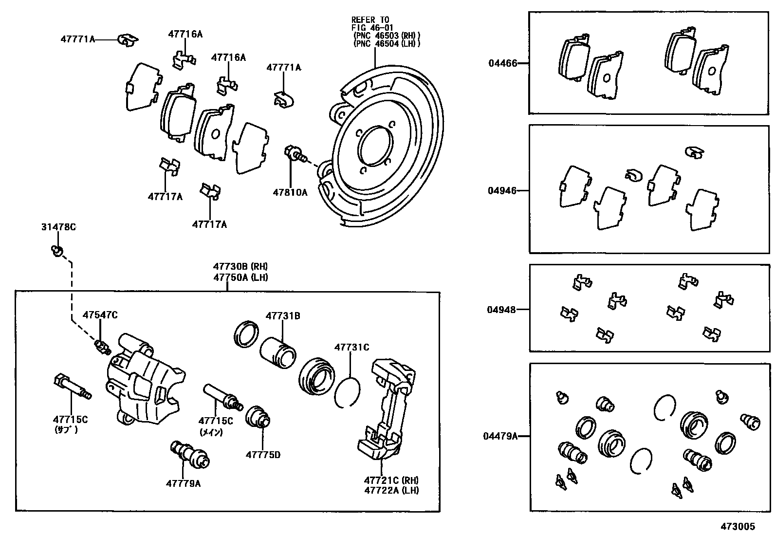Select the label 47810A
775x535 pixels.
(290, 192)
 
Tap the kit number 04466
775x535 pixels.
(503, 63)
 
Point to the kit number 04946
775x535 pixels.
(502, 191)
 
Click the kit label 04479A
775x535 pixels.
(500, 436)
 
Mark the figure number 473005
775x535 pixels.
(738, 526)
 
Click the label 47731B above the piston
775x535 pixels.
(283, 316)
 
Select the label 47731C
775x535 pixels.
(351, 347)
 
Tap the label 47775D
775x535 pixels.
(263, 455)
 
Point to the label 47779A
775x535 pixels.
(183, 483)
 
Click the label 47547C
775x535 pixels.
(100, 315)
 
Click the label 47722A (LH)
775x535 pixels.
(391, 490)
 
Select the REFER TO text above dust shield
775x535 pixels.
(370, 20)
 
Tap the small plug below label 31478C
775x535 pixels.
(57, 251)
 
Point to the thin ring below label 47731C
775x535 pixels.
(348, 392)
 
